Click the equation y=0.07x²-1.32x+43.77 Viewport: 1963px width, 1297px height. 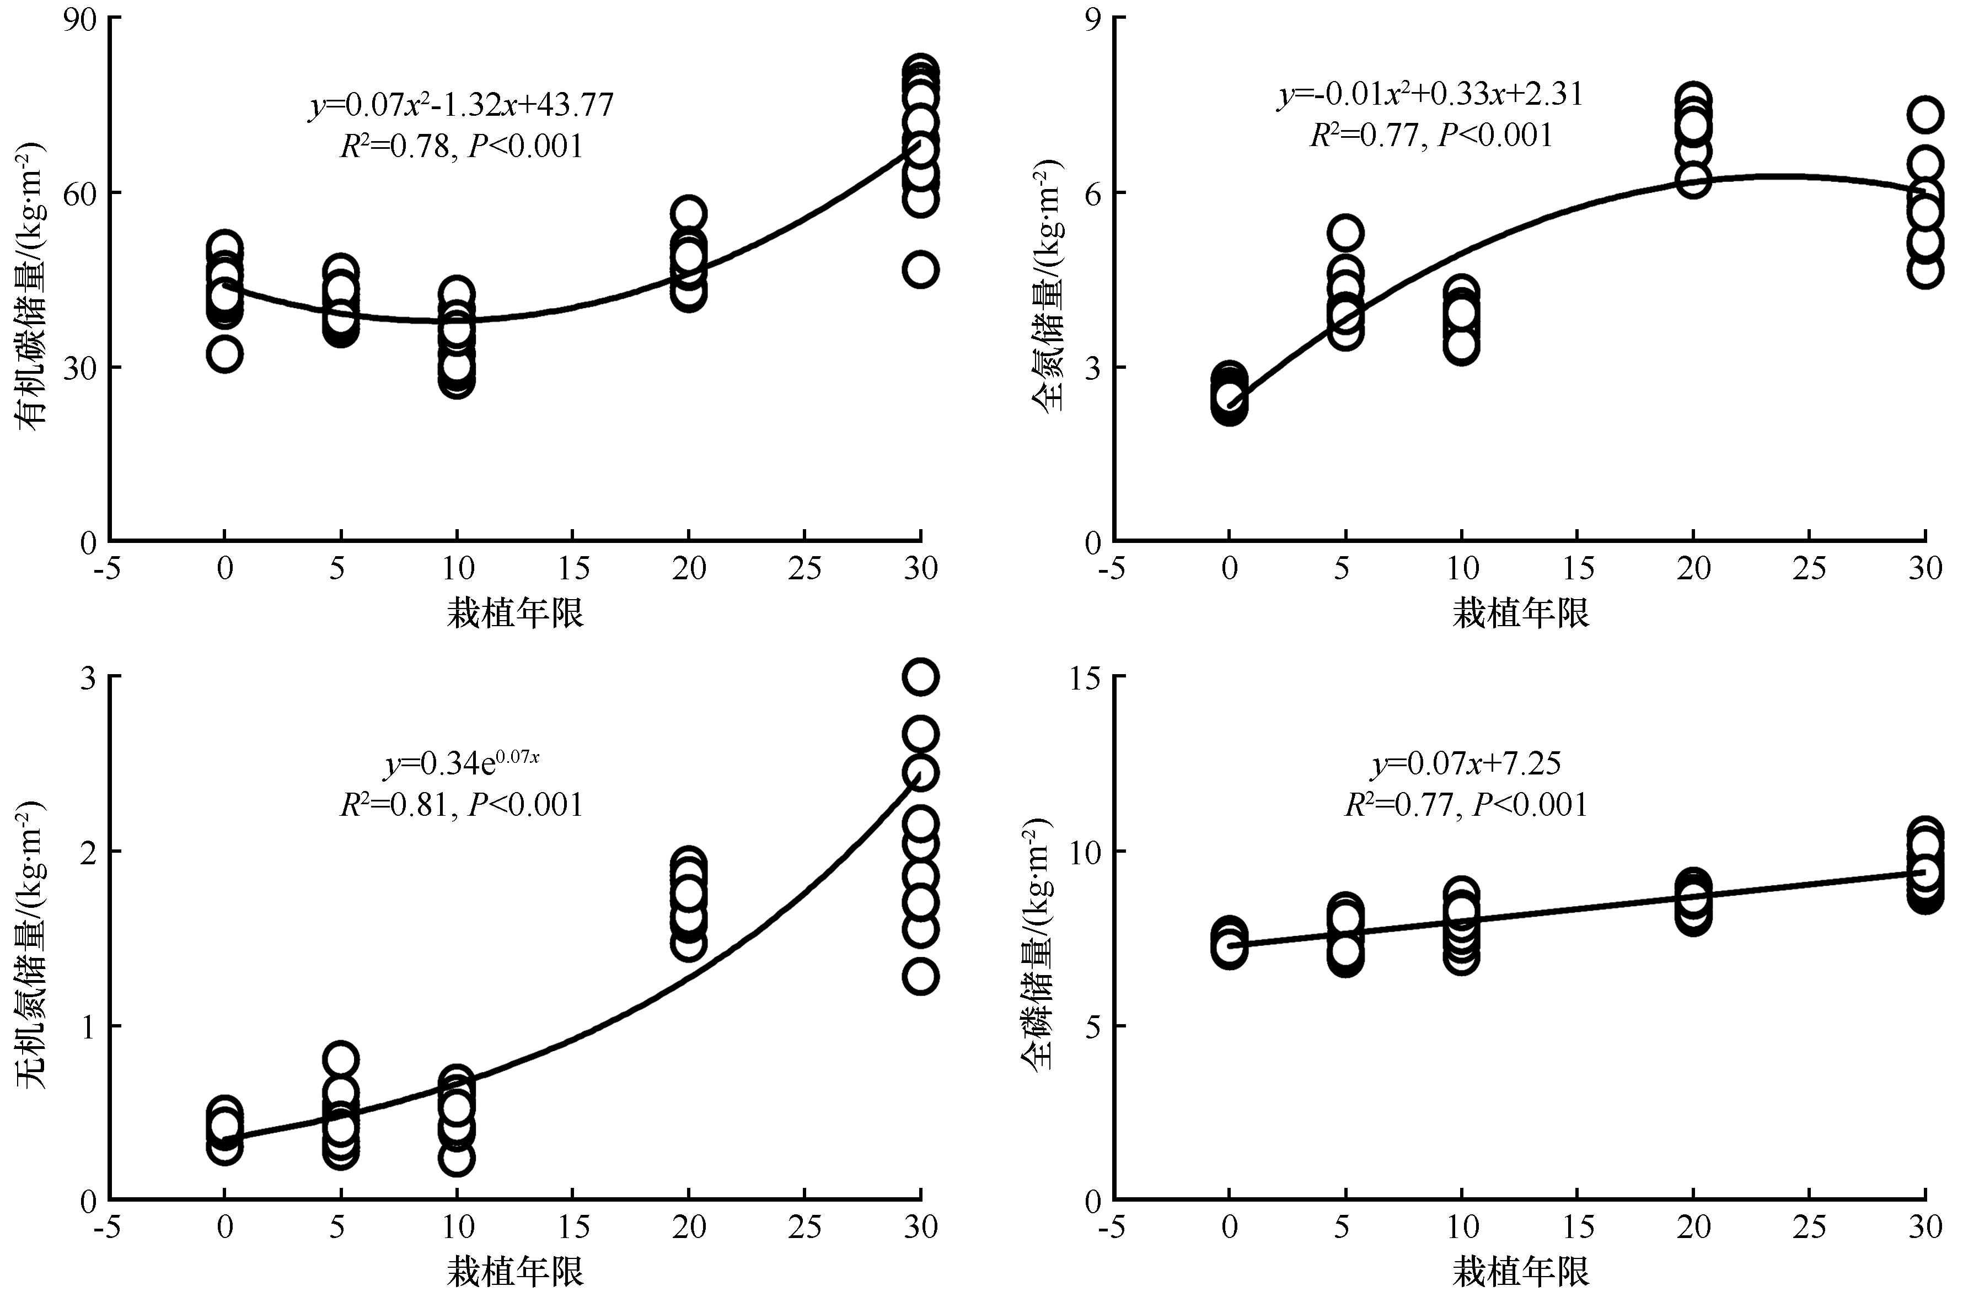pos(461,105)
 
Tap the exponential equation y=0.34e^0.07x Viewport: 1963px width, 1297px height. pos(461,763)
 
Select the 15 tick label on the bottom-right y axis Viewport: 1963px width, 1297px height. pos(1084,677)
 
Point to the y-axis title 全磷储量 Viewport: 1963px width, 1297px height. pos(1038,943)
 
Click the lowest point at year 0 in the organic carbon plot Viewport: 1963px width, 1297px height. pos(225,354)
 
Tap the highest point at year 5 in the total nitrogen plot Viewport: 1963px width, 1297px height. pos(1346,233)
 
